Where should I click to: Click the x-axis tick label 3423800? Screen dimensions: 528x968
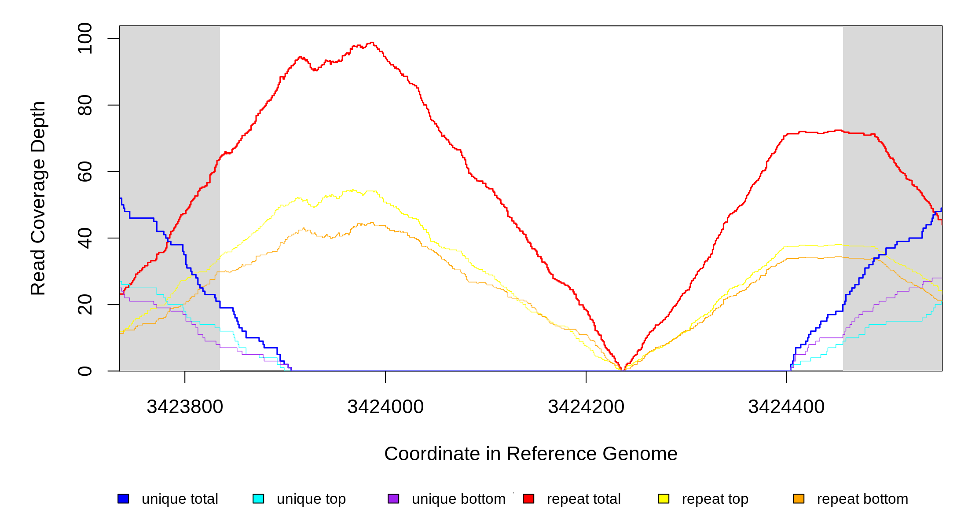click(185, 407)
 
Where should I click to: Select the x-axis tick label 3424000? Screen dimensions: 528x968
click(385, 407)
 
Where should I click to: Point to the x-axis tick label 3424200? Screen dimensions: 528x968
click(586, 407)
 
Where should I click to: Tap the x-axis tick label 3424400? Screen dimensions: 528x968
click(786, 407)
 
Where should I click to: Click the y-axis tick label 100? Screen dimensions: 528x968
click(85, 39)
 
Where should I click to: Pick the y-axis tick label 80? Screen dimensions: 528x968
click(85, 105)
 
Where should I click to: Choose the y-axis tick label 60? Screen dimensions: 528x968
click(85, 172)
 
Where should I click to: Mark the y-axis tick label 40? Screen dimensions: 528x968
click(85, 238)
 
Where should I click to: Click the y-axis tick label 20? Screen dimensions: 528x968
click(85, 304)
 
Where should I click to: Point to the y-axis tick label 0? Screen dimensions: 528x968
click(85, 371)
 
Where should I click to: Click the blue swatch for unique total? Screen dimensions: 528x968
click(123, 499)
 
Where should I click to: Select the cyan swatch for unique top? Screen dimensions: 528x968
click(258, 499)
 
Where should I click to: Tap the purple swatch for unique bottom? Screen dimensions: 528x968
click(393, 499)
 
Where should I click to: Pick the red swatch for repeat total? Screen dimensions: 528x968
click(528, 499)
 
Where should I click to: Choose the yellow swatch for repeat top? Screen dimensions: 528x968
click(664, 499)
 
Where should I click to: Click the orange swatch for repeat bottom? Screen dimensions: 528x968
click(799, 499)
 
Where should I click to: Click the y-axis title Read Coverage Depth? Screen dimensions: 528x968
click(38, 198)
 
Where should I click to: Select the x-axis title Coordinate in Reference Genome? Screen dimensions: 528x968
click(531, 454)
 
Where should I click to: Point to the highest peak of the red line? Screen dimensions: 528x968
click(372, 43)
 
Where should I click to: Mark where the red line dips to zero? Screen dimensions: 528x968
click(623, 370)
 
